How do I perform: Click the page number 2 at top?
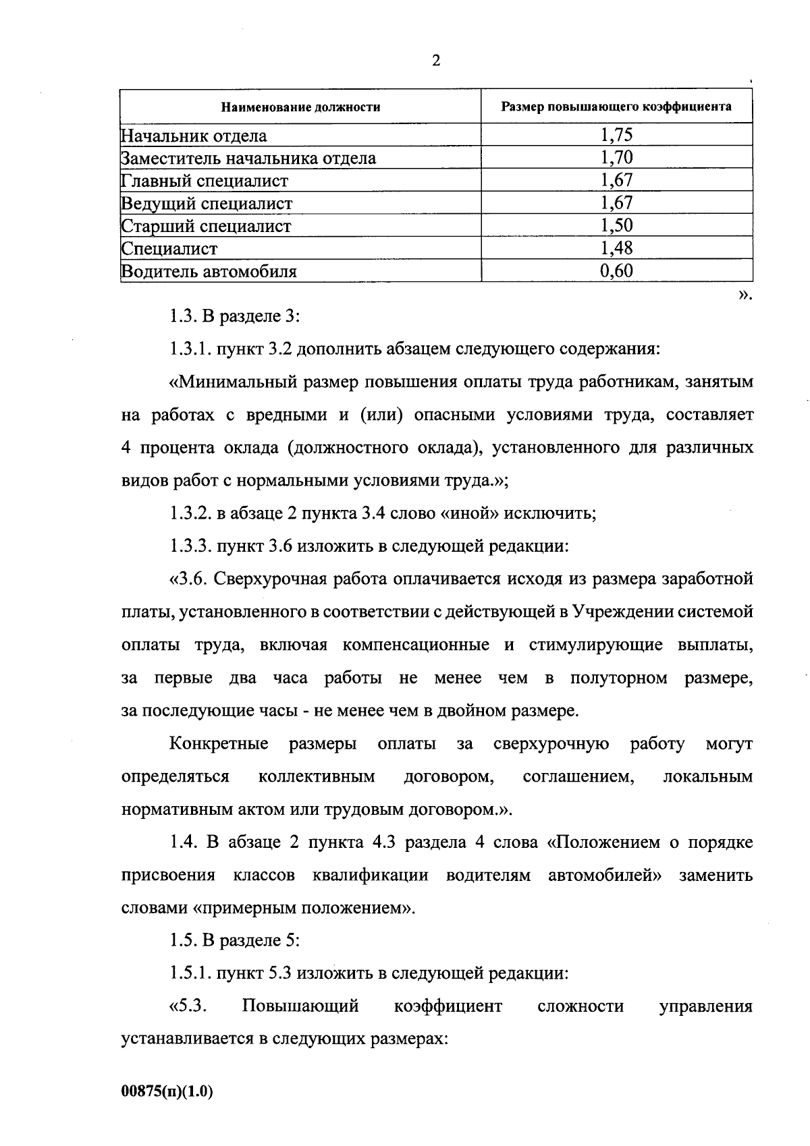[x=435, y=61]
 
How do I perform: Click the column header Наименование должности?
[x=301, y=107]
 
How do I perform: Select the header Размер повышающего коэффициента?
[x=616, y=107]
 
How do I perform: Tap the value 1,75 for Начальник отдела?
[x=616, y=135]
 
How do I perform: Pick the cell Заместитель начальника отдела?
[x=248, y=159]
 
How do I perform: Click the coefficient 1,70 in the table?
[x=616, y=158]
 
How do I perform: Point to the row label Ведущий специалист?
[x=207, y=203]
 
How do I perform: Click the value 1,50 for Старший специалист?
[x=616, y=225]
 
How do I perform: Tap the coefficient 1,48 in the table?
[x=616, y=248]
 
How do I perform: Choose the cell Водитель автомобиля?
[x=209, y=271]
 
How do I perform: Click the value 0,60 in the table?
[x=616, y=271]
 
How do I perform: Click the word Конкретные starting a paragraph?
[x=219, y=744]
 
